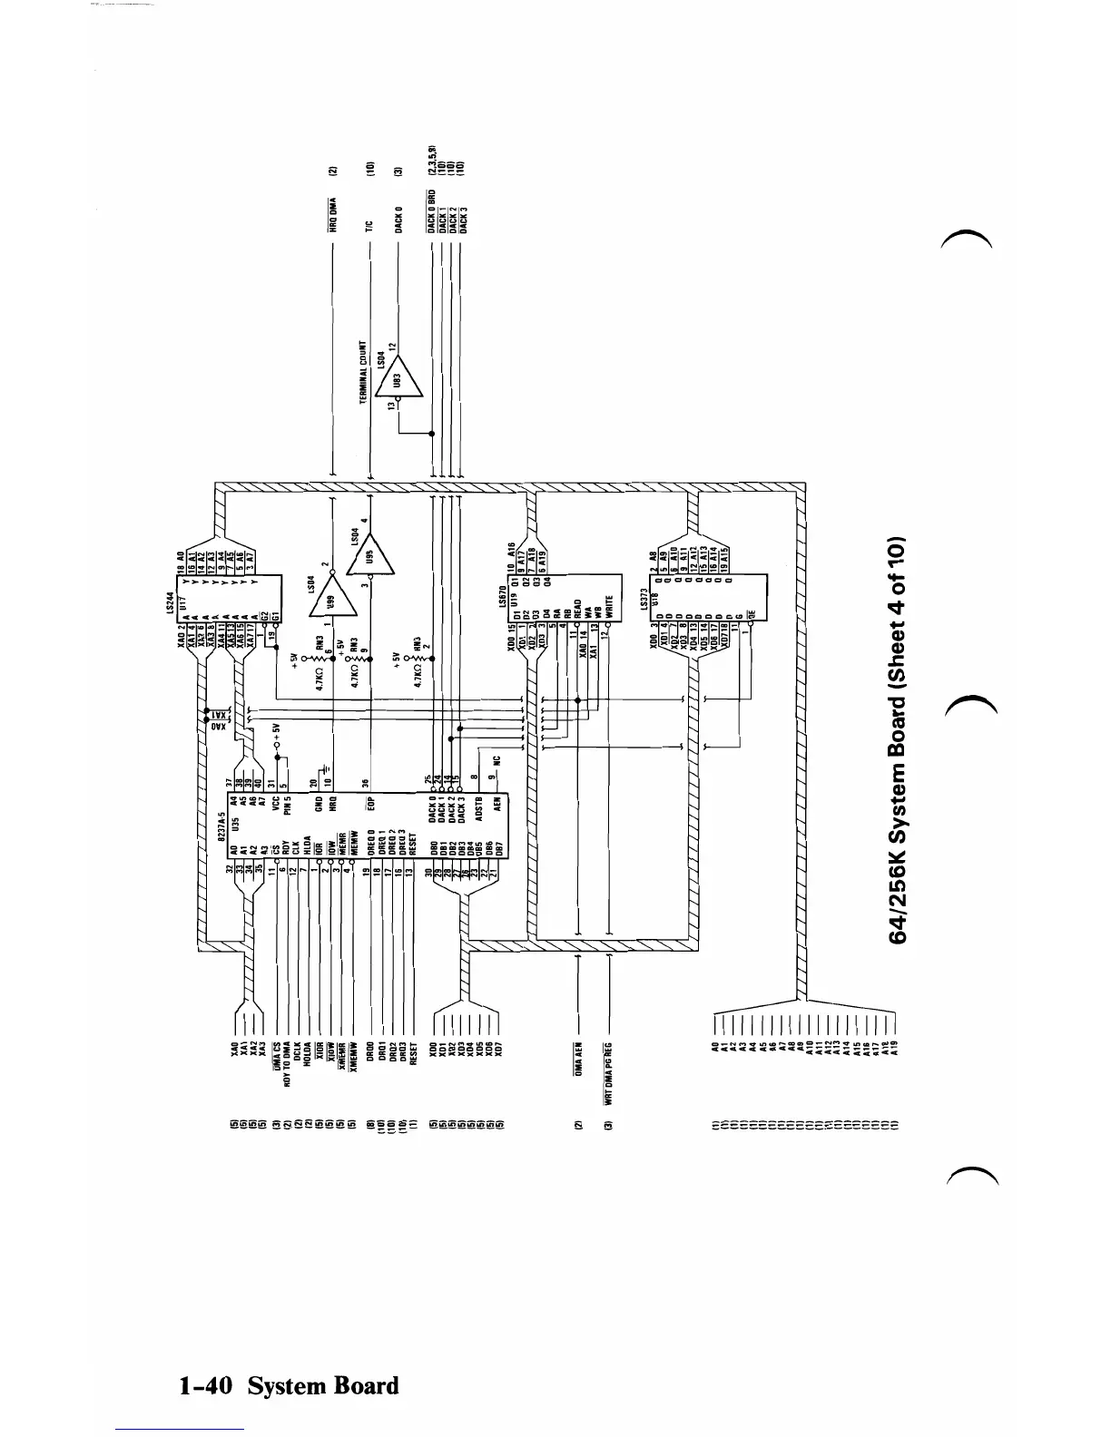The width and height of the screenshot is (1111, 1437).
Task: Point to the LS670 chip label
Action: pos(501,594)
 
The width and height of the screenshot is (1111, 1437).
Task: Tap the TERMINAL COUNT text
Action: pos(362,373)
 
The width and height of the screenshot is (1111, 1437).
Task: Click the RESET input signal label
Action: pos(413,1056)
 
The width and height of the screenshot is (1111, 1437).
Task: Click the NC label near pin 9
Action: pos(496,764)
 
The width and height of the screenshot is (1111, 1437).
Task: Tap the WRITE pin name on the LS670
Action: pos(609,603)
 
